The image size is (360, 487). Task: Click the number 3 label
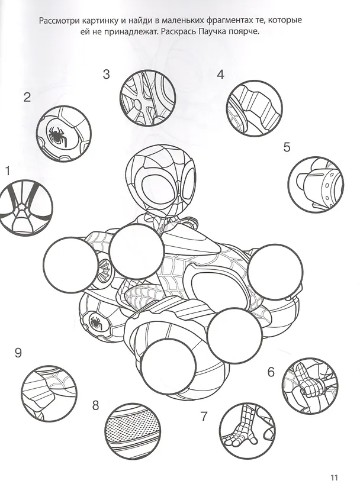(x=107, y=74)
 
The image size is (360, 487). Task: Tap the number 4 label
(x=220, y=74)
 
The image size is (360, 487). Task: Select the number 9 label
(x=18, y=353)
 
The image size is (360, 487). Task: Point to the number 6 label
(x=271, y=372)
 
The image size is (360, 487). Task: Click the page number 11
(x=334, y=478)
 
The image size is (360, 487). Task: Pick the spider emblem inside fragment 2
(x=57, y=136)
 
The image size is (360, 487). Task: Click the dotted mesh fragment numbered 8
(x=134, y=431)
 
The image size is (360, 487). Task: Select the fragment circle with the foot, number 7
(x=247, y=430)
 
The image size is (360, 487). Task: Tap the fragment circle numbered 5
(x=316, y=185)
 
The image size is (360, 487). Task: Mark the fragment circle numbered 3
(x=147, y=98)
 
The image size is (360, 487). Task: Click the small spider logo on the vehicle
(x=95, y=322)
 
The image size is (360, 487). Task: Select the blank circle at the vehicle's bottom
(x=168, y=366)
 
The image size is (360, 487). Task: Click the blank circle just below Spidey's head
(x=137, y=251)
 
